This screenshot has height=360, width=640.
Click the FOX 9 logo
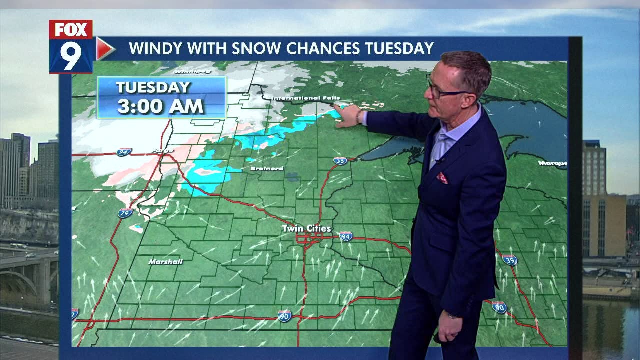71,47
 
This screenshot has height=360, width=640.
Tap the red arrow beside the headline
104,48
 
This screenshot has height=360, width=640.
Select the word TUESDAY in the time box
153,87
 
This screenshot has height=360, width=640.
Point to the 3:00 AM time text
160,106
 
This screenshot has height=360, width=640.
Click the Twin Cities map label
306,229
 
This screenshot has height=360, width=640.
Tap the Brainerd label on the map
267,169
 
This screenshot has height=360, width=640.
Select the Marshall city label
165,261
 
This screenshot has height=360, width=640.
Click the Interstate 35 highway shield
340,161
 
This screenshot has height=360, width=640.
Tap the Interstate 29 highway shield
125,213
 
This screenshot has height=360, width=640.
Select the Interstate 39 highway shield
509,260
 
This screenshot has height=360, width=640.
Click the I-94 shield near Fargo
124,152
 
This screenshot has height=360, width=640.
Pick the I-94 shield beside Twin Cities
346,236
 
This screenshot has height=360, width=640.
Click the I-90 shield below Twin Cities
284,316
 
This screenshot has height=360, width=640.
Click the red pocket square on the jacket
442,178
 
